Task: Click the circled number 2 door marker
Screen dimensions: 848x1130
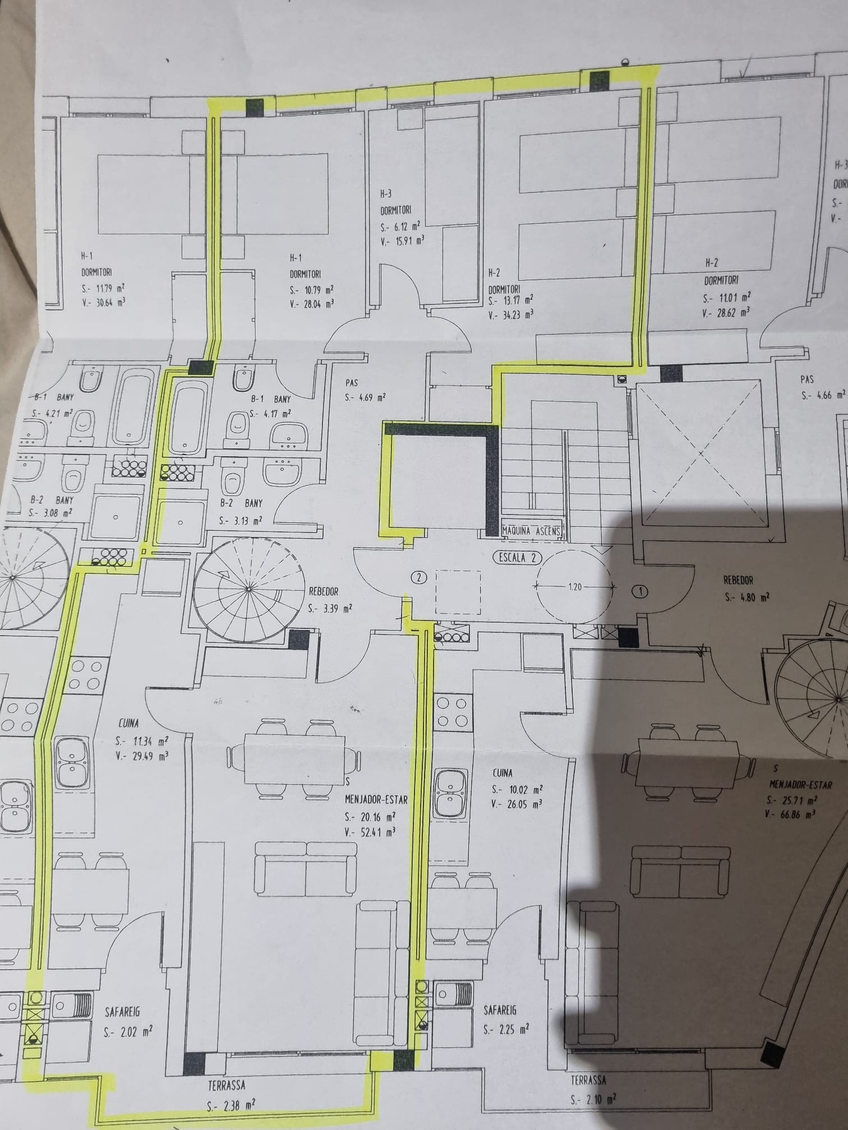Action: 418,576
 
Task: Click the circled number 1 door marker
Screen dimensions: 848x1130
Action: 639,590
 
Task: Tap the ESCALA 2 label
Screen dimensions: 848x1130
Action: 517,558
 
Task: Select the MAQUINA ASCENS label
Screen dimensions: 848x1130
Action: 532,530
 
